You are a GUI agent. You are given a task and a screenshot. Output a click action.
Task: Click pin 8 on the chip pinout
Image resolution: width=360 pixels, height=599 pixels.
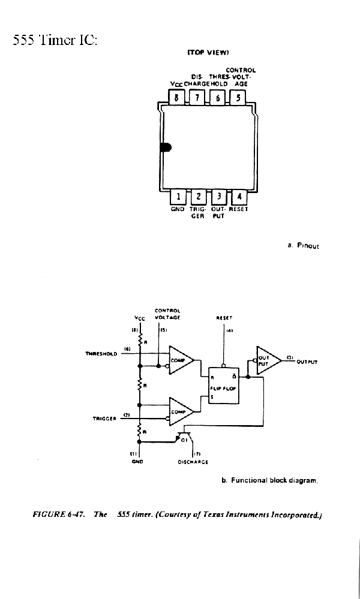pos(176,98)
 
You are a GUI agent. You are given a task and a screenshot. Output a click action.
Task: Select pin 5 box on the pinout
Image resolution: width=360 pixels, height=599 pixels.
pos(238,98)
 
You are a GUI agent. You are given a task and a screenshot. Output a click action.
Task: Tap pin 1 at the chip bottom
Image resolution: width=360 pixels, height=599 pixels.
pos(178,197)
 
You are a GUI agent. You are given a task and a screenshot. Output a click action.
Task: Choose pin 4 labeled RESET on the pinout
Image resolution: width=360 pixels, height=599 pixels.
pos(239,197)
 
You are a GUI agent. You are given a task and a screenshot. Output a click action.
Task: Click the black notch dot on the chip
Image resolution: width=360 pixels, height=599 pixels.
pos(166,148)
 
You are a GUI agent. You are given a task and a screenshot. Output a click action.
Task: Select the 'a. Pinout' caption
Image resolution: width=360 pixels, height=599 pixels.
pos(299,245)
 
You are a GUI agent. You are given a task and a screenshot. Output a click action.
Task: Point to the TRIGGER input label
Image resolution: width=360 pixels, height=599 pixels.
pos(104,419)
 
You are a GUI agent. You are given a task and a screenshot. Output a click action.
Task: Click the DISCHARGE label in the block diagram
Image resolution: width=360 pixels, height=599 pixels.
pos(193,462)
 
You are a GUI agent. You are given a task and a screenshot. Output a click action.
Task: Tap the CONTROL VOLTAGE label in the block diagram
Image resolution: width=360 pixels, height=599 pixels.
pos(167,314)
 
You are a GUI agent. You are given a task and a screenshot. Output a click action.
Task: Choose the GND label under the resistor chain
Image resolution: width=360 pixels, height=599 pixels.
pos(136,462)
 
